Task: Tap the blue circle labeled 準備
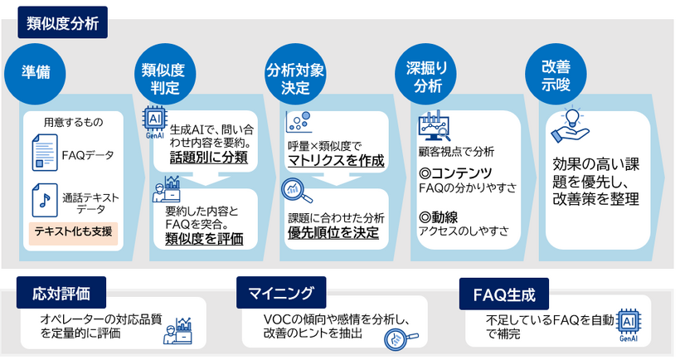[x=36, y=74]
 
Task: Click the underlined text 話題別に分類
[x=208, y=158]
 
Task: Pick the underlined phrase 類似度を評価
[x=203, y=239]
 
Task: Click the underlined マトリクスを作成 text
[x=335, y=160]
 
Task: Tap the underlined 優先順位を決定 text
[x=333, y=232]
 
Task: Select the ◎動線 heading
[x=441, y=217]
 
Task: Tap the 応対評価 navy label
[x=62, y=293]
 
